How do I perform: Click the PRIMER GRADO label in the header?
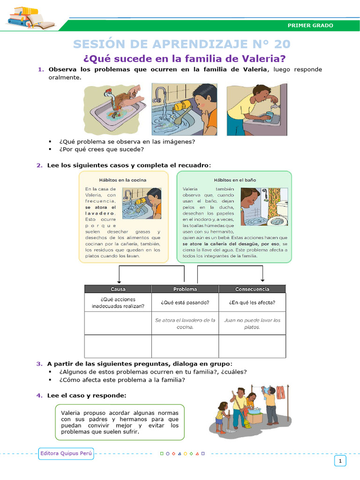coord(310,25)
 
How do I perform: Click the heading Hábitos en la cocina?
coord(122,180)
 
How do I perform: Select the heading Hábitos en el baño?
coord(235,180)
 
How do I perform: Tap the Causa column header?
coord(118,289)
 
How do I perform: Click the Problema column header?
coord(185,289)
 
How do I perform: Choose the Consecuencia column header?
coord(252,289)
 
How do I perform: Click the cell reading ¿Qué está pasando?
coord(185,302)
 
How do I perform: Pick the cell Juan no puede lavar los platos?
coord(252,323)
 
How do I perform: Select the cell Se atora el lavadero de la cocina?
coord(185,323)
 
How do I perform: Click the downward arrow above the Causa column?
coord(119,277)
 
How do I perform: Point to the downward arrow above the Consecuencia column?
coord(262,277)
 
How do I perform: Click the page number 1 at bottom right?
coord(340,462)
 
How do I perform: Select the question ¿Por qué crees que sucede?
coord(101,150)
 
